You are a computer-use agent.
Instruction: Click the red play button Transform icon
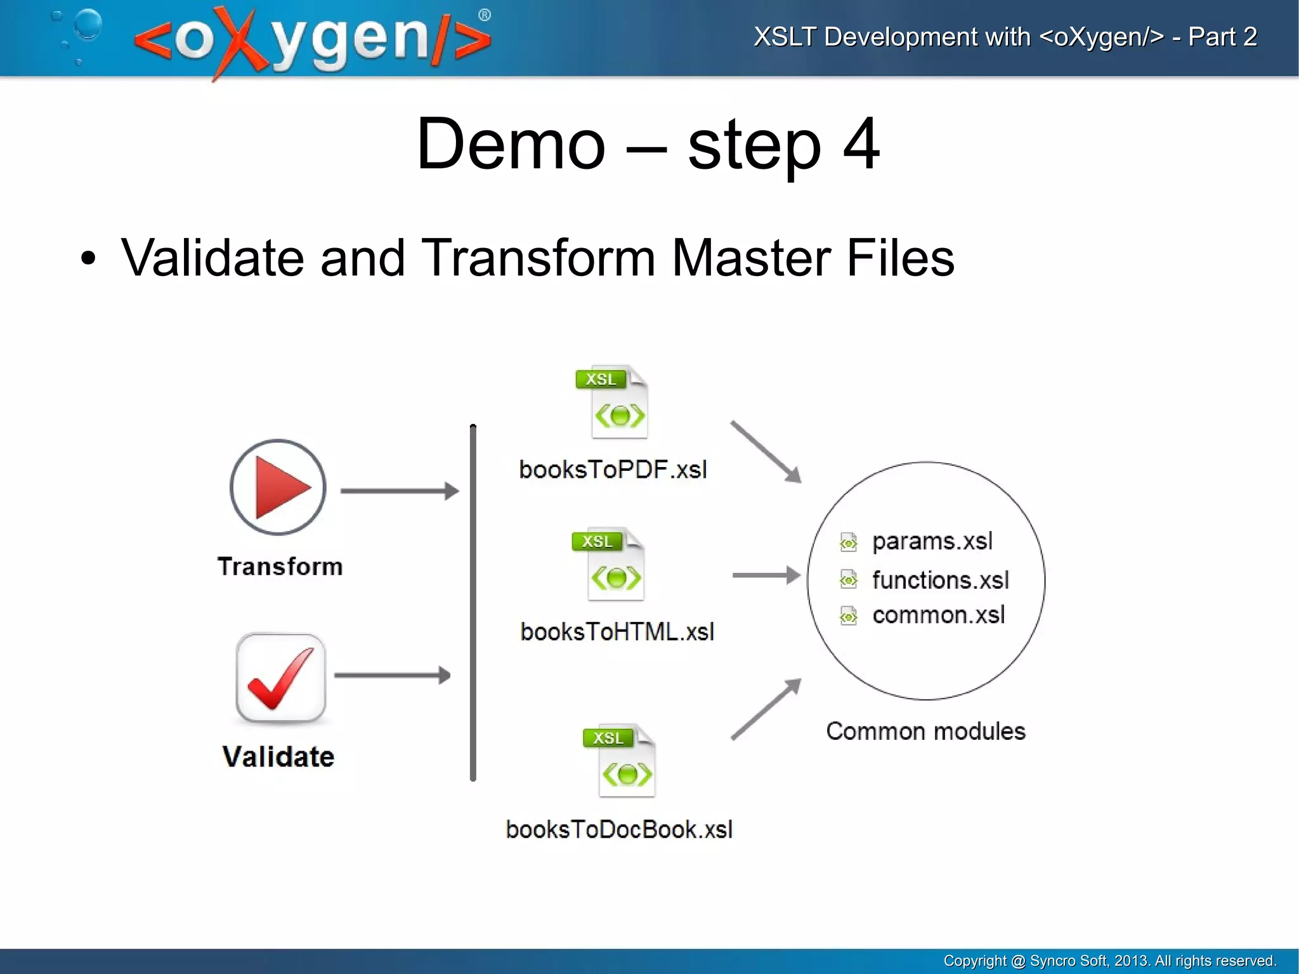pyautogui.click(x=278, y=487)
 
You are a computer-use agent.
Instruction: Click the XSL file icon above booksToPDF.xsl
pyautogui.click(x=613, y=402)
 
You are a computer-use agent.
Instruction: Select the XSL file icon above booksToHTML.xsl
pyautogui.click(x=609, y=564)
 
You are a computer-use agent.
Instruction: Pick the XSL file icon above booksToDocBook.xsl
pyautogui.click(x=620, y=760)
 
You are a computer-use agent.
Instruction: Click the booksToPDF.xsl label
pyautogui.click(x=613, y=470)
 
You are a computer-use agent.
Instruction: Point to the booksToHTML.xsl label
pyautogui.click(x=617, y=632)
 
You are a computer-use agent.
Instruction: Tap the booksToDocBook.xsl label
pyautogui.click(x=619, y=830)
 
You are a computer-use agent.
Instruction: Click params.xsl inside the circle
pyautogui.click(x=931, y=541)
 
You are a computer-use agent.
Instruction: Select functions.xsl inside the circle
pyautogui.click(x=939, y=580)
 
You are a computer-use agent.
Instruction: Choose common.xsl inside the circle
pyautogui.click(x=938, y=615)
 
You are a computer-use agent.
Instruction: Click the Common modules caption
pyautogui.click(x=925, y=732)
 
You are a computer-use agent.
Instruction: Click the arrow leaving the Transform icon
pyautogui.click(x=399, y=491)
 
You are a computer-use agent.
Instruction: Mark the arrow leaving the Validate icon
pyautogui.click(x=392, y=675)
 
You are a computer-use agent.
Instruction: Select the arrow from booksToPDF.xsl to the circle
pyautogui.click(x=766, y=451)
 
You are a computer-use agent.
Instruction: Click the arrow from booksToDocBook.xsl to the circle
pyautogui.click(x=766, y=709)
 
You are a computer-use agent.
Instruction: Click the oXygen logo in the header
pyautogui.click(x=311, y=39)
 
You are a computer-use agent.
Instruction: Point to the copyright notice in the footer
pyautogui.click(x=1109, y=961)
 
